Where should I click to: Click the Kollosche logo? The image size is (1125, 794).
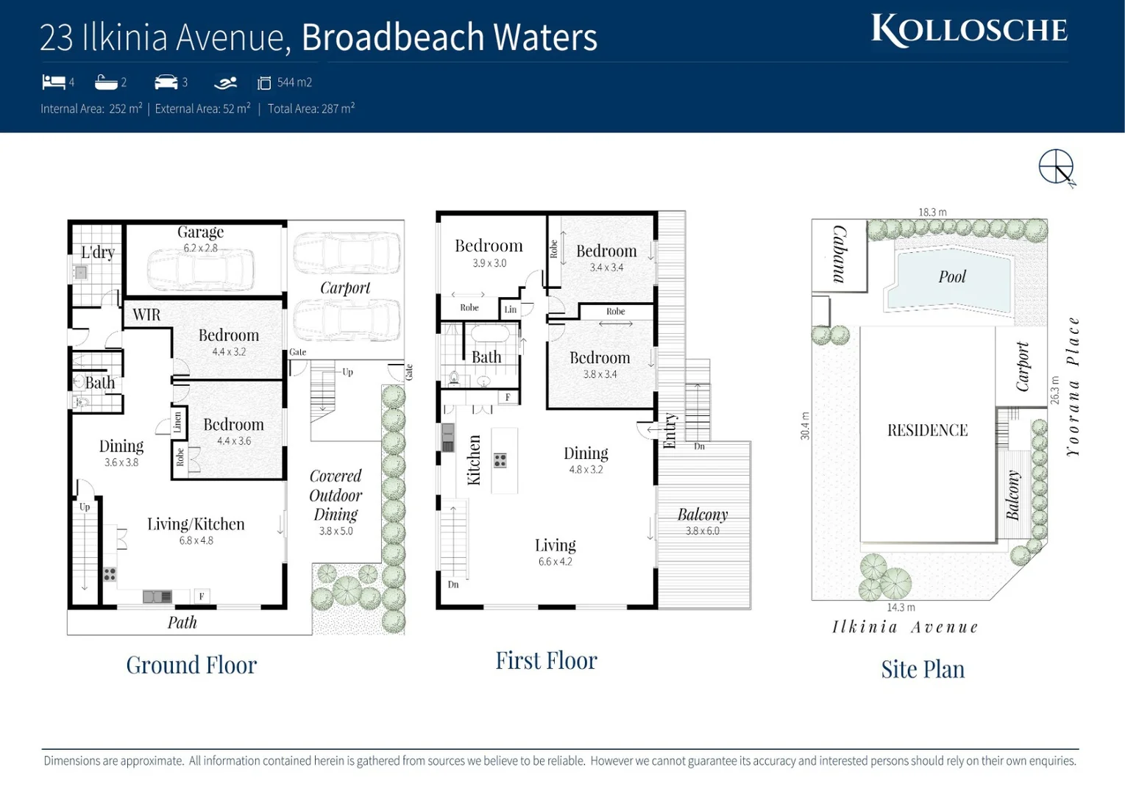tap(969, 30)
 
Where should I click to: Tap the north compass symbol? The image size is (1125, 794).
tap(1057, 167)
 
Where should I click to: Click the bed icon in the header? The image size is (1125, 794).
tap(53, 82)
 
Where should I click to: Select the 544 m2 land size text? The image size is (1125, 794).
tap(294, 82)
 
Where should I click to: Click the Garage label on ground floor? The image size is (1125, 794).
tap(200, 232)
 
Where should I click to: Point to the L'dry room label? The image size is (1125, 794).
tap(98, 252)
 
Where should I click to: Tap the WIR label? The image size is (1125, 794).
tap(146, 315)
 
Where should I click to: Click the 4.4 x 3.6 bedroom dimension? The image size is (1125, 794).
tap(233, 441)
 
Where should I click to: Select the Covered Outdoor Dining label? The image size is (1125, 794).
tap(336, 496)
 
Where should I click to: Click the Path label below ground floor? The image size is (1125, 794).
tap(182, 623)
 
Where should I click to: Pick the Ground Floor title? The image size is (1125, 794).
tap(191, 665)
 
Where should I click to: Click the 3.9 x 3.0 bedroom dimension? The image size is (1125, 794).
tap(489, 263)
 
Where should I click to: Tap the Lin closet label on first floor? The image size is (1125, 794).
tap(510, 310)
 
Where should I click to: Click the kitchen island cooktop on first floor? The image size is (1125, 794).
tap(500, 461)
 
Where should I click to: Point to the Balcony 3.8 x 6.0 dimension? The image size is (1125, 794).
tap(703, 531)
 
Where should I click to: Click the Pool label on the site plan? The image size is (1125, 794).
tap(951, 277)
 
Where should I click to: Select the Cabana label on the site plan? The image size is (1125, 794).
tap(839, 254)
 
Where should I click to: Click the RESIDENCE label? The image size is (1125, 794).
tap(927, 430)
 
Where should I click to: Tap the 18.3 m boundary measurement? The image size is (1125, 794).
tap(932, 212)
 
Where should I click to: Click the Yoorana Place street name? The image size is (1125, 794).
tap(1073, 387)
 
